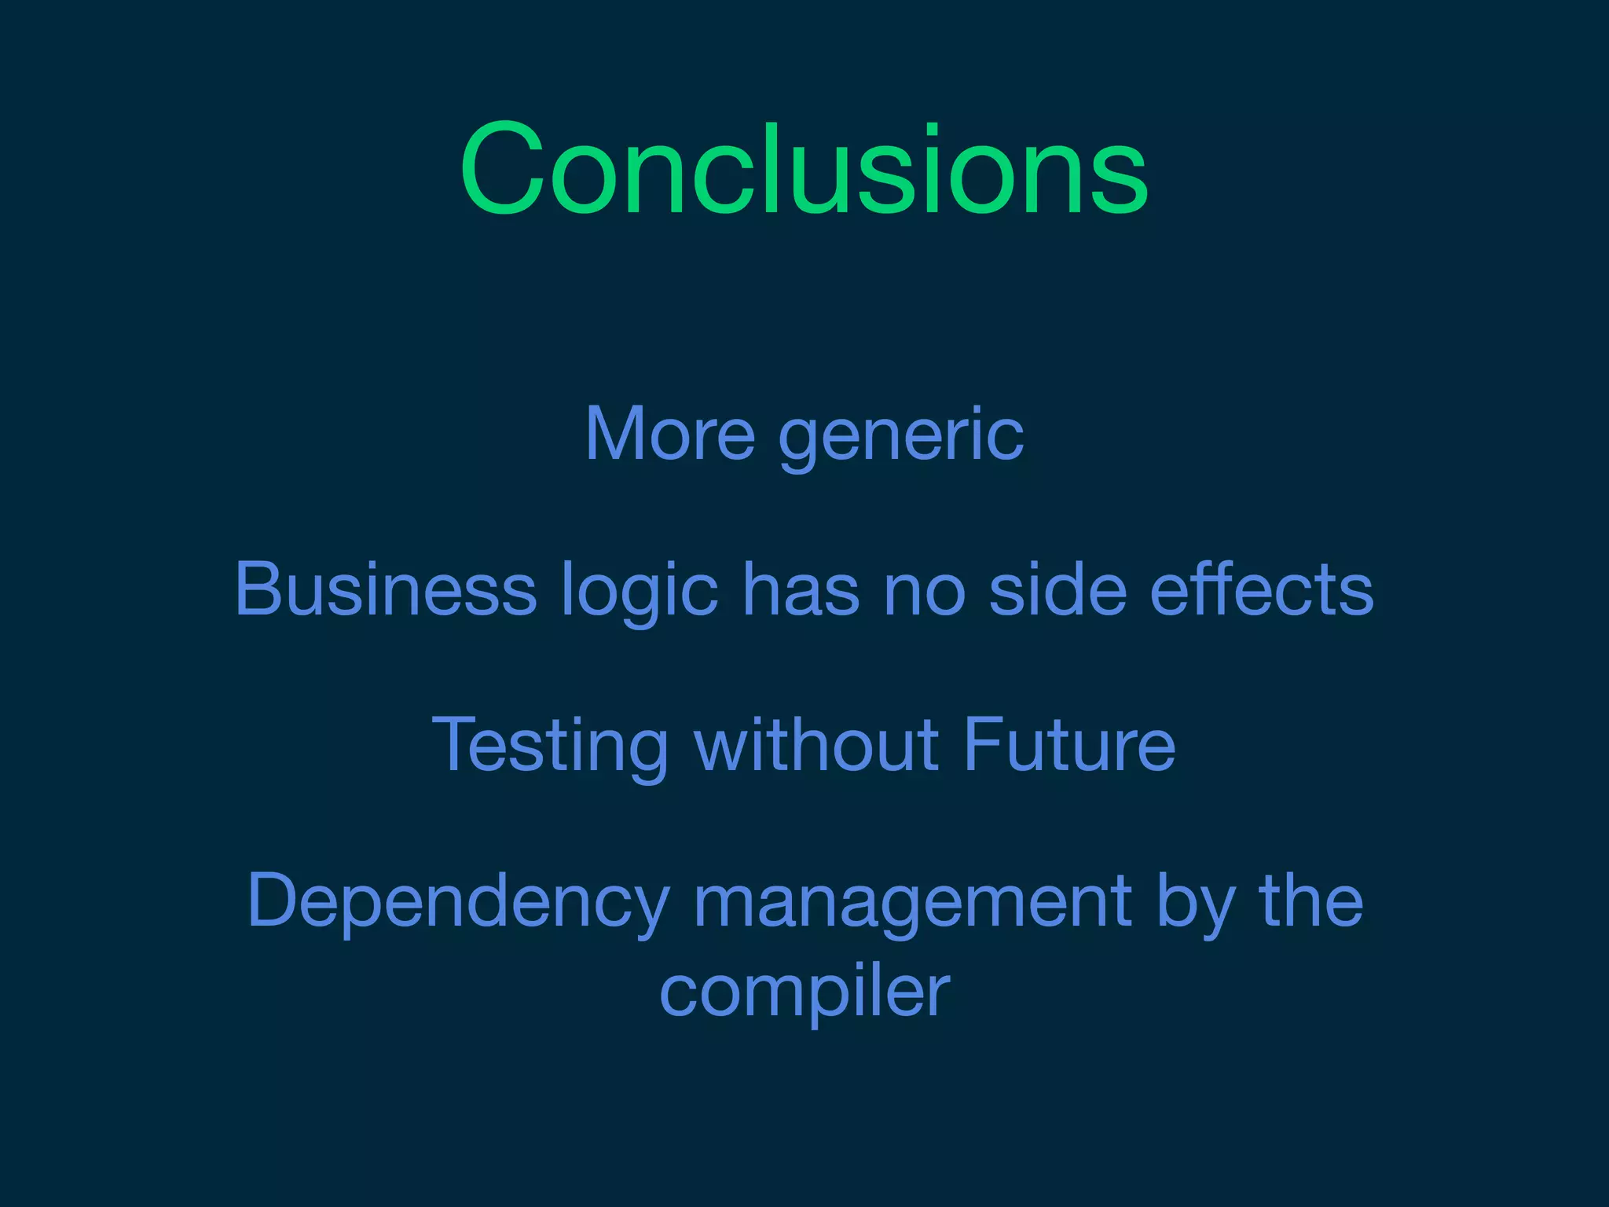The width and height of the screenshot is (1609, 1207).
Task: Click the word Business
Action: tap(386, 589)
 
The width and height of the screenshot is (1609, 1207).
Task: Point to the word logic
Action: tap(639, 592)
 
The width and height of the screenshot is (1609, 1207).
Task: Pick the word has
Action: tap(801, 589)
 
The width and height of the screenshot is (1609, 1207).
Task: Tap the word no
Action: tap(924, 590)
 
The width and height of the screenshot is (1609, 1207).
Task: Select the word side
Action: tap(1057, 589)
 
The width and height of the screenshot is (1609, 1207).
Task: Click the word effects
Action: tap(1261, 589)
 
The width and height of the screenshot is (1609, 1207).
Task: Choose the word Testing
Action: tap(550, 746)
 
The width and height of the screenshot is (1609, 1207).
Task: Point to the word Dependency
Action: tap(459, 903)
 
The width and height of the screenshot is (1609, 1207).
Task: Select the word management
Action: tap(912, 903)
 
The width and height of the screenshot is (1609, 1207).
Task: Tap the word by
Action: tap(1193, 903)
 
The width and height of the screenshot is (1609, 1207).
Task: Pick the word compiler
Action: tap(804, 992)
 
